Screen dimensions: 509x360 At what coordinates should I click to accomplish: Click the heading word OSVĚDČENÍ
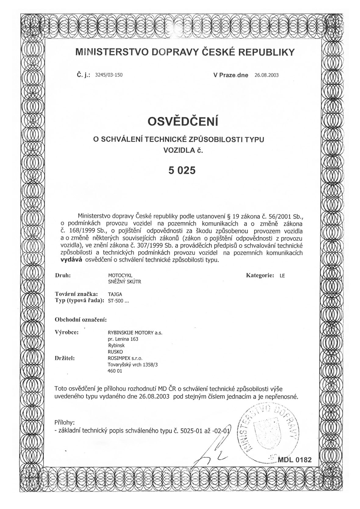(183, 121)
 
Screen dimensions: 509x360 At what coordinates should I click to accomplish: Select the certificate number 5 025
(182, 170)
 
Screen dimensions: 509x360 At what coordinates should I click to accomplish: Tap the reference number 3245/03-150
(109, 75)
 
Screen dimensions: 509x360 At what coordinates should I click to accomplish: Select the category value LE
(282, 276)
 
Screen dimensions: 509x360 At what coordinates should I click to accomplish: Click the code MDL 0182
(295, 460)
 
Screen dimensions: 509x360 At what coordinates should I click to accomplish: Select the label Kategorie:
(260, 275)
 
